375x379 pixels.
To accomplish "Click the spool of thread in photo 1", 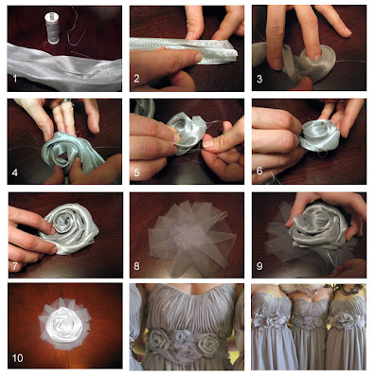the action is click(52, 28).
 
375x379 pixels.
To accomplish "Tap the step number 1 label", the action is click(14, 79).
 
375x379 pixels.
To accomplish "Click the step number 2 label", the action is click(136, 79).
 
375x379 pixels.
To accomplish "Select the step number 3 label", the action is click(259, 79).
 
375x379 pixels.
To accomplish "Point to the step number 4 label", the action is click(14, 172).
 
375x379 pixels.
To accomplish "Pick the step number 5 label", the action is click(136, 172).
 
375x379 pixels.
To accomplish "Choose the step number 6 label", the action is click(259, 171).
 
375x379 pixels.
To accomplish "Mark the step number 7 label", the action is click(14, 266).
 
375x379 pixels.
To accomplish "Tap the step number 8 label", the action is click(136, 266).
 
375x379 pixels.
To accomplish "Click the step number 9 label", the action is click(259, 266).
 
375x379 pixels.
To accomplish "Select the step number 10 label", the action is click(18, 358).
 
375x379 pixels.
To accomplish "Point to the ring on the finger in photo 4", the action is click(66, 101).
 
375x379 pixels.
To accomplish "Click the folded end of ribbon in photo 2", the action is click(232, 54).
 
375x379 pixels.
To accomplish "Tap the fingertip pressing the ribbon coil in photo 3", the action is click(315, 56).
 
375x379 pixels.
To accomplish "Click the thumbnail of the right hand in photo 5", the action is click(208, 144).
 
